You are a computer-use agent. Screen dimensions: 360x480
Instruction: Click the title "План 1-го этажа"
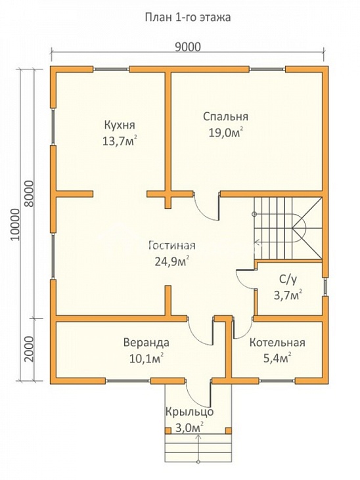(187, 18)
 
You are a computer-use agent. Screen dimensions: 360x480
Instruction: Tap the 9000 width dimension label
(187, 47)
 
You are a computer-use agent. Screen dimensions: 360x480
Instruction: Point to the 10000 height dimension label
(14, 225)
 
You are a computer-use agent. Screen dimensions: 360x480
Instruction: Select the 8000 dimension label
(29, 194)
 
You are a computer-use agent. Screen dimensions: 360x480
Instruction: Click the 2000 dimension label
(29, 349)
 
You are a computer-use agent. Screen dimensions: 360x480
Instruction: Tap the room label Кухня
(120, 125)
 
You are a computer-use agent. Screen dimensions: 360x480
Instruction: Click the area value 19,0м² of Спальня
(226, 133)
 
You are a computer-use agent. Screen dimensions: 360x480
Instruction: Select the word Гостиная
(172, 246)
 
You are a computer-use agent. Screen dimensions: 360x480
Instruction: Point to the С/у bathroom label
(288, 280)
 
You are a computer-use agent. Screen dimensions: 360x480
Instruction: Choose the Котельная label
(277, 342)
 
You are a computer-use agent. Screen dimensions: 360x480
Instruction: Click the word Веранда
(146, 342)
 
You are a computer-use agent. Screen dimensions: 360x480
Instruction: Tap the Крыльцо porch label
(190, 412)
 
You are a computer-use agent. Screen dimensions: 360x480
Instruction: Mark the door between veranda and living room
(199, 334)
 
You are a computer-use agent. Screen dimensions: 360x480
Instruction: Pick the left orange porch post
(168, 430)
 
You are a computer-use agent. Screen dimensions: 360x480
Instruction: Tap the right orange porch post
(229, 430)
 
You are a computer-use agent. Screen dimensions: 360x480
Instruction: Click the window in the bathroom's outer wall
(325, 287)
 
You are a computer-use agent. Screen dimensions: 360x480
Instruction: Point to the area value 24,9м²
(171, 261)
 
